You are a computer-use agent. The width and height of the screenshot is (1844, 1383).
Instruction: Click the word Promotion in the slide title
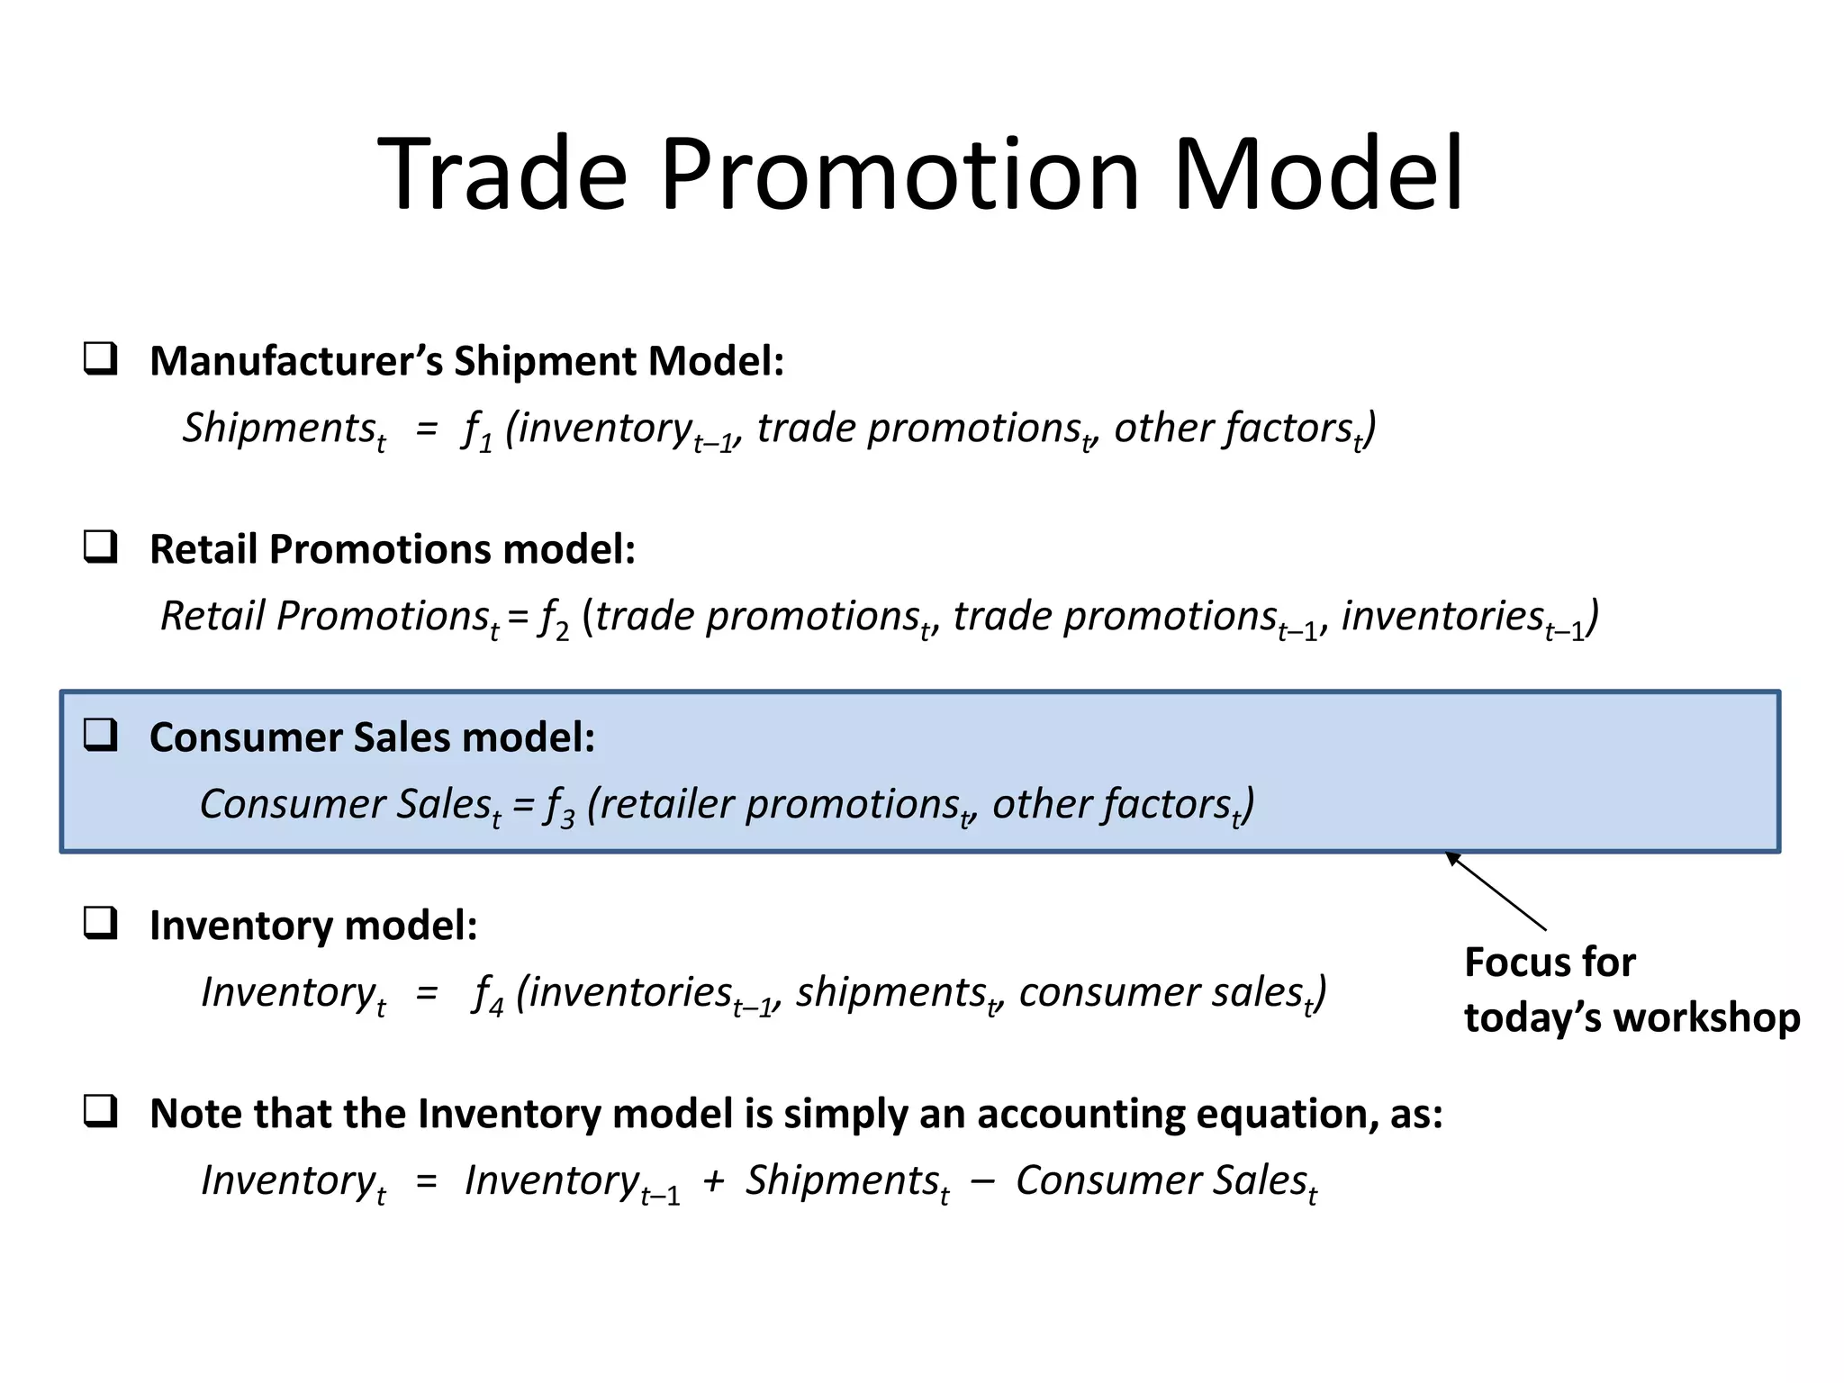[900, 176]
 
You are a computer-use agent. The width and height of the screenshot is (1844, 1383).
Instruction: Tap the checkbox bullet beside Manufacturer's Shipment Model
[100, 358]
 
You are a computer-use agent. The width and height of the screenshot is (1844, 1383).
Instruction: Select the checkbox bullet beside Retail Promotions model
[100, 547]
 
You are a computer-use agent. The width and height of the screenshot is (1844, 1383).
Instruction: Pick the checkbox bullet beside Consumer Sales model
[100, 735]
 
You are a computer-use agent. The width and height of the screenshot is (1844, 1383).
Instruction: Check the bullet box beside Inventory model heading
[100, 923]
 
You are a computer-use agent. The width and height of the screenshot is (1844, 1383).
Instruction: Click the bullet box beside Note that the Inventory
[100, 1111]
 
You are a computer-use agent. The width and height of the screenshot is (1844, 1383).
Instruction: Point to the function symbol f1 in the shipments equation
[476, 430]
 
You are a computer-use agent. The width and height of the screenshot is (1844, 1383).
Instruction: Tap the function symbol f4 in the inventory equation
[487, 995]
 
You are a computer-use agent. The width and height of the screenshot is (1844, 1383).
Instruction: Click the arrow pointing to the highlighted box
[1496, 891]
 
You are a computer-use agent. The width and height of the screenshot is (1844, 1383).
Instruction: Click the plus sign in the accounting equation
[713, 1181]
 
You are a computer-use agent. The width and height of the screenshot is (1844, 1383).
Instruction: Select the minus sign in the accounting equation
[982, 1181]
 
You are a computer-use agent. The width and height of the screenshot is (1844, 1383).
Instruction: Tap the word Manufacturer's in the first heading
[296, 361]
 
